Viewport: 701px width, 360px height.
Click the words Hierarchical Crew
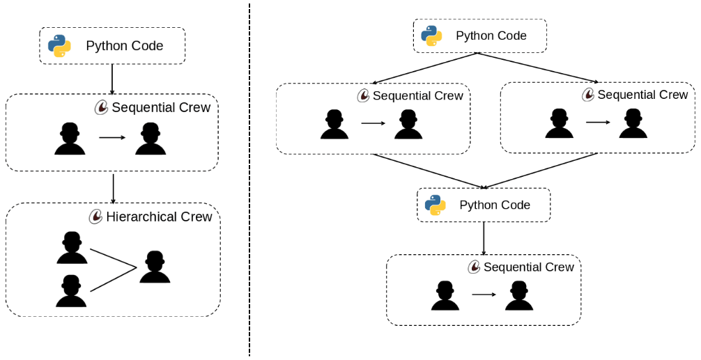(x=159, y=217)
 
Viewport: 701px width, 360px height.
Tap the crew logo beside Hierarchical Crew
(x=96, y=217)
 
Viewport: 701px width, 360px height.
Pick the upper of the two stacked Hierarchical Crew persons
(x=72, y=249)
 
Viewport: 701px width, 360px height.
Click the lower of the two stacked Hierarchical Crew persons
(x=72, y=291)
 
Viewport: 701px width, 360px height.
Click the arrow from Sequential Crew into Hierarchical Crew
(x=113, y=188)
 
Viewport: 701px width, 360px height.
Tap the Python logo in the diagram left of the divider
(x=59, y=46)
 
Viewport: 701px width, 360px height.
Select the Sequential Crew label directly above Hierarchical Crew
(x=161, y=107)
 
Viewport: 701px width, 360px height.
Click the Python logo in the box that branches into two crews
(x=432, y=36)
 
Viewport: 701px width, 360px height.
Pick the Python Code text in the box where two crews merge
(x=495, y=205)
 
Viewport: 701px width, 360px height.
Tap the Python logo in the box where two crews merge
(x=436, y=205)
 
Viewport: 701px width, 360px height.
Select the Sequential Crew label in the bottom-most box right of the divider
(x=529, y=267)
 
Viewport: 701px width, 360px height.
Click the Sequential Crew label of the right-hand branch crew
(x=642, y=95)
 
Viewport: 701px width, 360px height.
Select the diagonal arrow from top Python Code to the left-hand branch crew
(x=426, y=68)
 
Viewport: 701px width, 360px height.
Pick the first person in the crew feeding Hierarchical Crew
(x=70, y=138)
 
